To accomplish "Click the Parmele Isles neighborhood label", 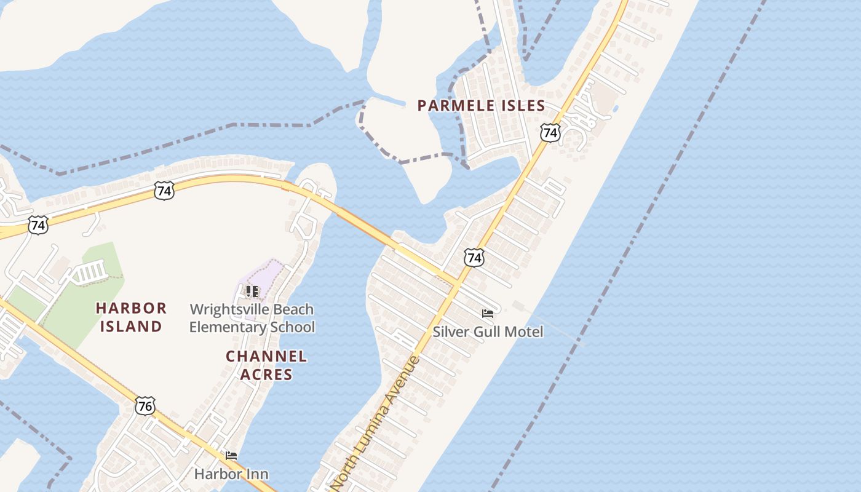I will coord(481,106).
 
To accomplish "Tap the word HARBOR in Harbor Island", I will coord(131,308).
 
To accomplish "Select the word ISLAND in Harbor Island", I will coord(131,327).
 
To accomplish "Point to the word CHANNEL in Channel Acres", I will coord(266,356).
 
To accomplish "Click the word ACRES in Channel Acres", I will coord(266,375).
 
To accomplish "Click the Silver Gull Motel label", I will coord(488,332).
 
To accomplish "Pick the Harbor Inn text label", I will coord(231,474).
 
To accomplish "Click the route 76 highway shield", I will coord(145,405).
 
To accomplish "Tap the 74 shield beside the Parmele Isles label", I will coord(550,132).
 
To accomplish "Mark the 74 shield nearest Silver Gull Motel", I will coord(474,257).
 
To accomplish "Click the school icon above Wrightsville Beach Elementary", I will coord(252,291).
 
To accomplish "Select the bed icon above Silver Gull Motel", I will coord(488,314).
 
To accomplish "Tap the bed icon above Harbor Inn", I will coord(231,456).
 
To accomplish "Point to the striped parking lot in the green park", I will coord(90,272).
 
